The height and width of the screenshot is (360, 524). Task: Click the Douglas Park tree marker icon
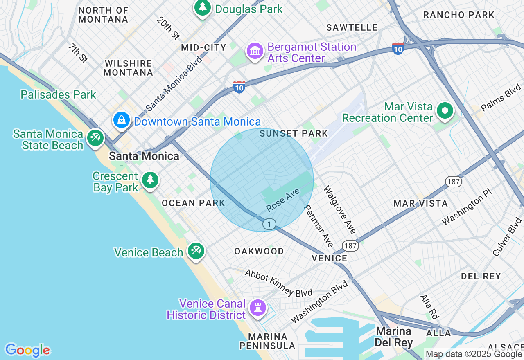click(202, 7)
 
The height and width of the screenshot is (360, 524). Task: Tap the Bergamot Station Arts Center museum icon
click(255, 51)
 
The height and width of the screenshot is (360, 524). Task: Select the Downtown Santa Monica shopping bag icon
click(122, 120)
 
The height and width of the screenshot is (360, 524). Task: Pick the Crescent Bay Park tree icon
click(150, 180)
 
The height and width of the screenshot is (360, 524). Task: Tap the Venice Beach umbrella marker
click(196, 250)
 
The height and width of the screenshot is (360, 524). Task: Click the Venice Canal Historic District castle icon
click(258, 308)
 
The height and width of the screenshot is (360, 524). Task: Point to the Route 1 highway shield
click(269, 224)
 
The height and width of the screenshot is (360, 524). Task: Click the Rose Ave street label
click(283, 200)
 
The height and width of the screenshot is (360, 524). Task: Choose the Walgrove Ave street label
click(340, 209)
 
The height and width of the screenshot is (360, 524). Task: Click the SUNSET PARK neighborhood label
click(294, 133)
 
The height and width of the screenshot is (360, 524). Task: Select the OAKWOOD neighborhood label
click(259, 251)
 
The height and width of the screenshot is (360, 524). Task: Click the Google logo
click(27, 350)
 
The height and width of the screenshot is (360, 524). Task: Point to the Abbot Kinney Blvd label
click(278, 283)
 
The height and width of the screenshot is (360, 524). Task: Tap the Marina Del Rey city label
click(394, 336)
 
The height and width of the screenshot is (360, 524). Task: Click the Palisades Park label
click(58, 94)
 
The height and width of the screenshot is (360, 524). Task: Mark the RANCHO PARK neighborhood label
click(459, 15)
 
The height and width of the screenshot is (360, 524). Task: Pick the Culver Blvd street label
click(507, 237)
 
